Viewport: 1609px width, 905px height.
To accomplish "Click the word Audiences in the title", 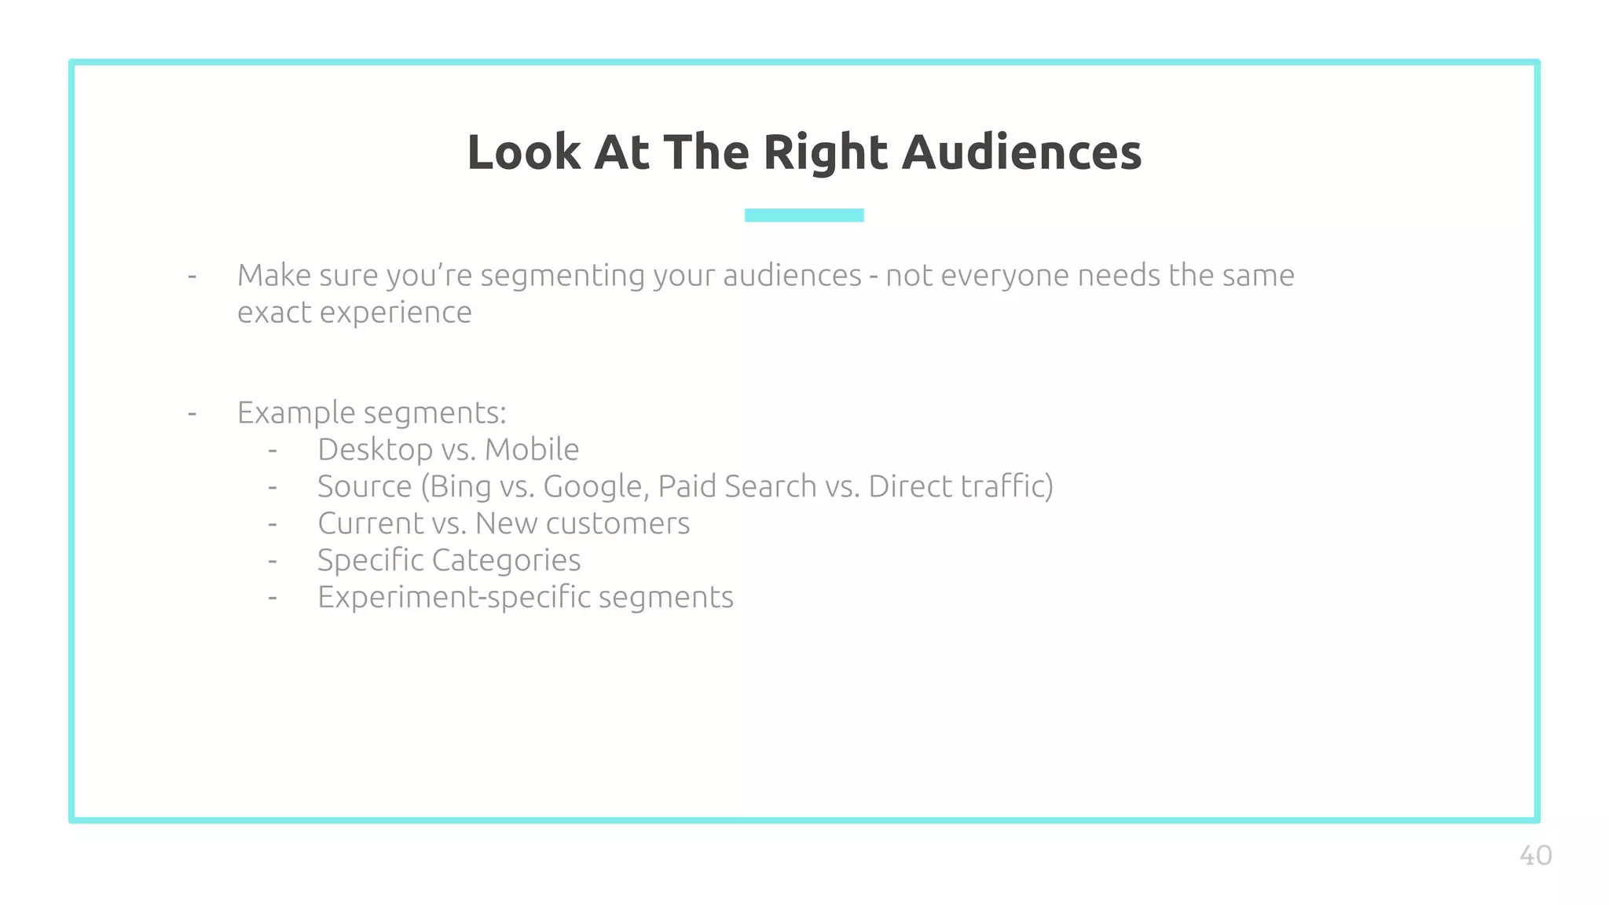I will coord(1021,152).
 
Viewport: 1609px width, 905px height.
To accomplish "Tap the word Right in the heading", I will coord(825,153).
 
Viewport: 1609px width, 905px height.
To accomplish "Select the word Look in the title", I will coord(523,152).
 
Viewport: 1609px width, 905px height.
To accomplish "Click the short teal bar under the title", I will coord(804,215).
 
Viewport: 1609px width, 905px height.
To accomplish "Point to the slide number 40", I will coord(1535,856).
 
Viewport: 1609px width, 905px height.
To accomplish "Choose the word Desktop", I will coord(375,450).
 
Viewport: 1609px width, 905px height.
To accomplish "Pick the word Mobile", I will coord(532,449).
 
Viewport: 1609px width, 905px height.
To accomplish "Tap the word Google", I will coord(596,487).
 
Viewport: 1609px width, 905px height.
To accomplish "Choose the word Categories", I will coord(506,561).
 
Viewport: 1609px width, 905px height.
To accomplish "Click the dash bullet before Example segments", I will coord(192,413).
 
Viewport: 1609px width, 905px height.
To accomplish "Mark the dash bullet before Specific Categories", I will coord(273,561).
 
